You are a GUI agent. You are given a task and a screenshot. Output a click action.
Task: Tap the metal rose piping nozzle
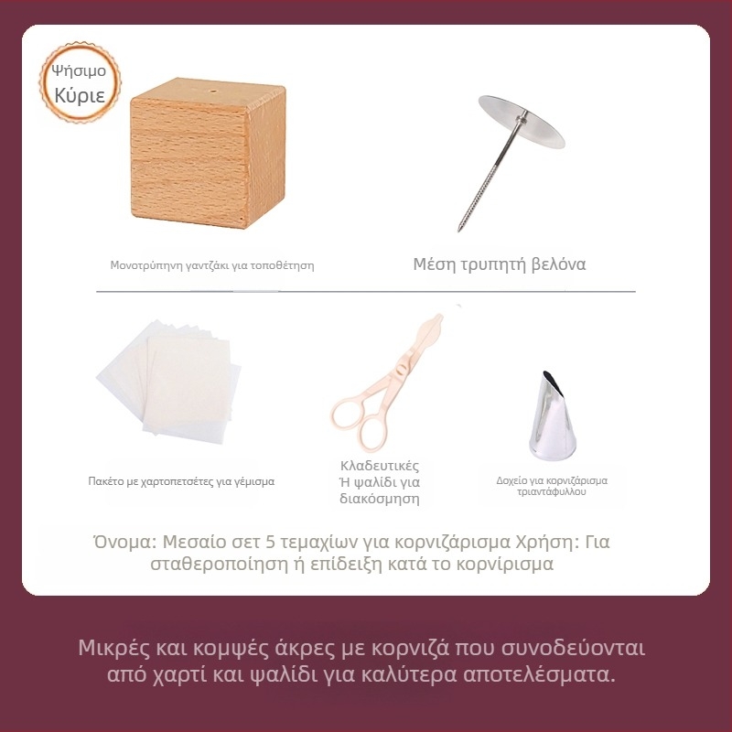[x=551, y=416]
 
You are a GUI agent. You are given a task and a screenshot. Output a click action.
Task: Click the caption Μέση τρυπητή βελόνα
[x=500, y=264]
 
